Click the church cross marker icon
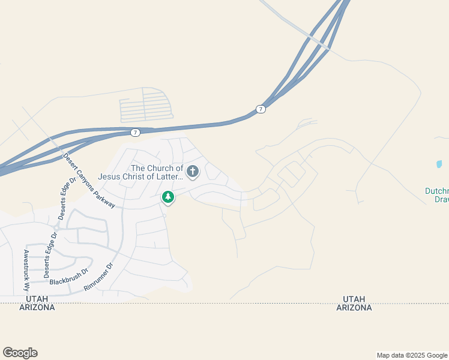click(193, 172)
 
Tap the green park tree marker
click(169, 196)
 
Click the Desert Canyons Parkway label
click(89, 181)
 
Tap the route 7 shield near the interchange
click(260, 109)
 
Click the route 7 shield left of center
click(136, 132)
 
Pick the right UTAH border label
click(354, 298)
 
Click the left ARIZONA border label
click(37, 307)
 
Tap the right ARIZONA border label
click(354, 307)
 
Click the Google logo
click(20, 353)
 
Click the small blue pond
click(439, 164)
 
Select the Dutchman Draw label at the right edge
click(436, 195)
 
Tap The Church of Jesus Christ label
click(157, 172)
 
